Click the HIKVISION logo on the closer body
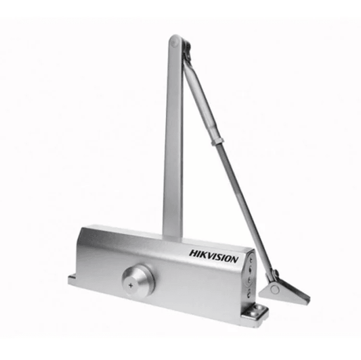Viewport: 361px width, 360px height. pos(213,256)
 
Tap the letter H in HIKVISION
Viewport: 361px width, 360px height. pos(193,253)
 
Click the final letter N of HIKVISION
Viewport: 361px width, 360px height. pos(234,259)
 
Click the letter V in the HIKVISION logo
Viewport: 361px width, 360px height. pos(211,256)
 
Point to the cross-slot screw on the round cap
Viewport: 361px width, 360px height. pos(131,286)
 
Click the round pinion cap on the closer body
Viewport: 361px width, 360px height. pos(137,280)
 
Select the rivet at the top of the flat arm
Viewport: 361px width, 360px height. pos(174,43)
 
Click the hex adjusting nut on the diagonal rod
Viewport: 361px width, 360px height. pos(217,141)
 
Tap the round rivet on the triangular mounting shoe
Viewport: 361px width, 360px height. pos(275,289)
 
